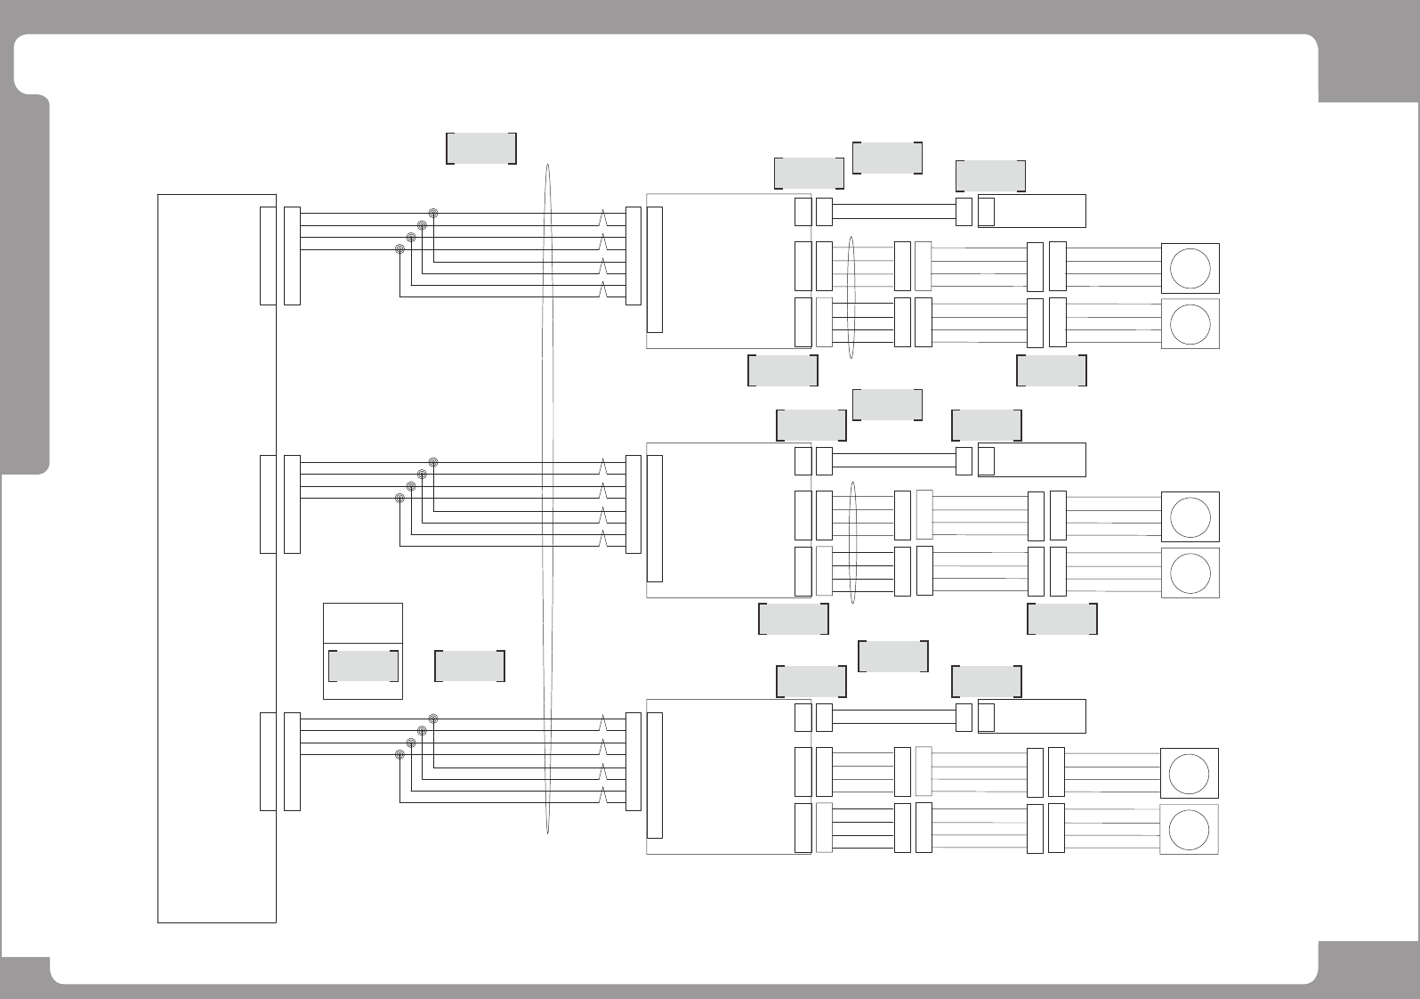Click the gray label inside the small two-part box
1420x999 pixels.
362,665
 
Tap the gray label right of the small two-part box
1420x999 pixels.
470,665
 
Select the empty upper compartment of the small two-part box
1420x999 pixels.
362,622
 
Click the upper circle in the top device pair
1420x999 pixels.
1190,268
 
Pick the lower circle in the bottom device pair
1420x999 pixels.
1189,830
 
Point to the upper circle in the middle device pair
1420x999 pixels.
1190,516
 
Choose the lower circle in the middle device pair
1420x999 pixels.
1190,573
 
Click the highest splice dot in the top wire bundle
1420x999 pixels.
433,214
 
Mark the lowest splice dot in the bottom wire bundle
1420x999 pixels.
400,754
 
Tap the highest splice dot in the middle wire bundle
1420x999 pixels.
433,462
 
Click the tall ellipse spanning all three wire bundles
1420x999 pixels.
548,499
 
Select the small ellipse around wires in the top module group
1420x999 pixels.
851,297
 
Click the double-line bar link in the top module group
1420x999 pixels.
893,212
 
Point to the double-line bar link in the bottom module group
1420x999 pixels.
893,717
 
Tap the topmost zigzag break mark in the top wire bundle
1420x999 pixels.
604,218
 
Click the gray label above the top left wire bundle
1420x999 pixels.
480,149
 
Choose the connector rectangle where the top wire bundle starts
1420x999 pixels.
292,256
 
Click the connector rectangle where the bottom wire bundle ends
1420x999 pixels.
633,761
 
